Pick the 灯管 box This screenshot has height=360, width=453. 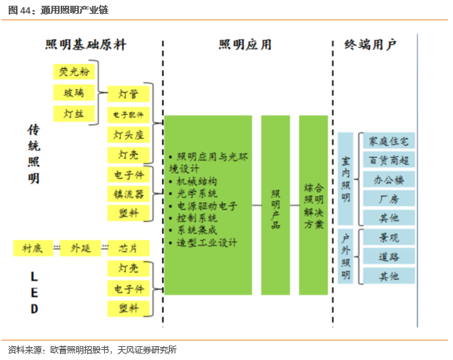point(129,93)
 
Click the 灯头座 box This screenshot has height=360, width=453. point(129,134)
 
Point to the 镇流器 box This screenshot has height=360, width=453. point(129,194)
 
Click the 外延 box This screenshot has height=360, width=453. point(80,249)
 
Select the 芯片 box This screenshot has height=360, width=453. point(129,249)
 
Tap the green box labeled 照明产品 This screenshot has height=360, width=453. point(275,205)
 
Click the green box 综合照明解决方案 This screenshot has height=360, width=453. point(314,205)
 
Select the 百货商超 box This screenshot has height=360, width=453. point(389,160)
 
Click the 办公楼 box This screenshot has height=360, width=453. point(389,179)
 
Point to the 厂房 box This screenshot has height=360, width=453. point(389,199)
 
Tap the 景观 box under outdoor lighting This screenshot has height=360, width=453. point(389,237)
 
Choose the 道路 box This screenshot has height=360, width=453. point(389,257)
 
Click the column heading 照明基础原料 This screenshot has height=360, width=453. point(85,45)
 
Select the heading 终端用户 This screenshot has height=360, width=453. point(371,45)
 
